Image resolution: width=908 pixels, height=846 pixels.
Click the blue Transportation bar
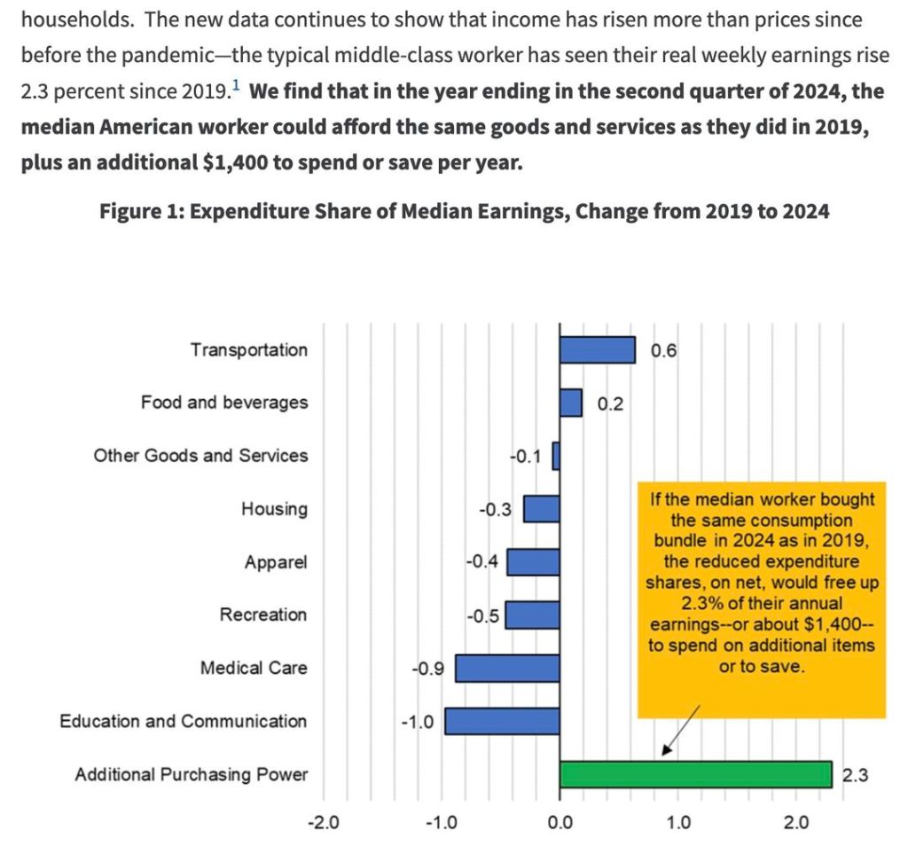597,349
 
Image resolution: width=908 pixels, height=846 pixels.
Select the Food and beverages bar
570,403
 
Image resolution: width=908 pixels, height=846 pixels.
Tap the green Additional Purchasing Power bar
695,774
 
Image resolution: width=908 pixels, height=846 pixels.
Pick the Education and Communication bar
502,721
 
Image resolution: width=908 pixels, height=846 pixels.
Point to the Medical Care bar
507,668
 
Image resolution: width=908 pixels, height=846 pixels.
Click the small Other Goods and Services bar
556,456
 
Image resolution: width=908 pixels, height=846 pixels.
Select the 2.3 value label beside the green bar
854,775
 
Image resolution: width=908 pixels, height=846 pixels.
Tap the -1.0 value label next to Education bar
417,722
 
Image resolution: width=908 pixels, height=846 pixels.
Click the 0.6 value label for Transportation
663,350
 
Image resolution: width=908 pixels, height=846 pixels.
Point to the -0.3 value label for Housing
495,510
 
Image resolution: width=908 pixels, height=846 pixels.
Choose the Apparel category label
276,562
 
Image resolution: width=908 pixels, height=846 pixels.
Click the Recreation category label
263,615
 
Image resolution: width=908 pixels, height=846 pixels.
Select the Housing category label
274,509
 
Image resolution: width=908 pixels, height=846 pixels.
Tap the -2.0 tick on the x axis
322,822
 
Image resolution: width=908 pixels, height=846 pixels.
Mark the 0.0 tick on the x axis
560,822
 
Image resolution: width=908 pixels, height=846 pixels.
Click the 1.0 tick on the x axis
678,822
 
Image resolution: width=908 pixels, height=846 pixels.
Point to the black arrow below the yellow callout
682,732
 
